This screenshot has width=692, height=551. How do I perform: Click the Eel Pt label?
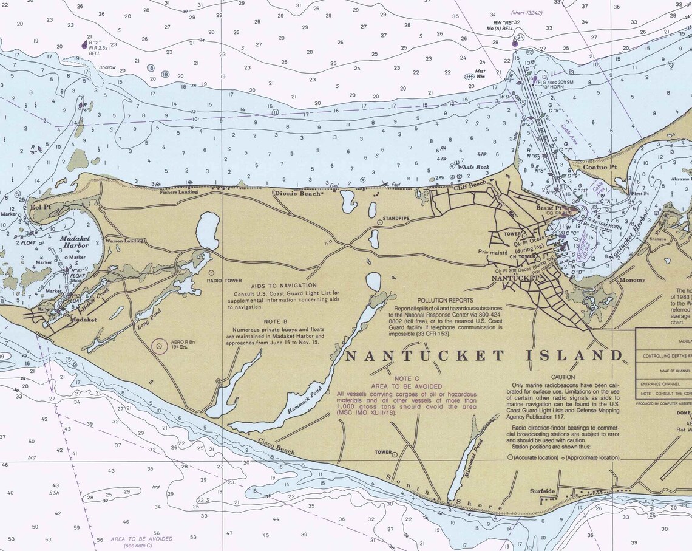pyautogui.click(x=40, y=207)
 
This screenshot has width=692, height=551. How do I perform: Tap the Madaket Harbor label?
pyautogui.click(x=75, y=242)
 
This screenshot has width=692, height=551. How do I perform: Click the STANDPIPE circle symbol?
pyautogui.click(x=380, y=222)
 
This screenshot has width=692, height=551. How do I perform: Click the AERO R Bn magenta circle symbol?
pyautogui.click(x=159, y=346)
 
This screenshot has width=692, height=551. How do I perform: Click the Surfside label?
pyautogui.click(x=542, y=491)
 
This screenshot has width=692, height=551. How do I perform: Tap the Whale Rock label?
pyautogui.click(x=473, y=167)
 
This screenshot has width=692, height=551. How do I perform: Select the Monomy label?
pyautogui.click(x=632, y=280)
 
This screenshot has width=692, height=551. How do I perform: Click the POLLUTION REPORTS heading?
pyautogui.click(x=446, y=301)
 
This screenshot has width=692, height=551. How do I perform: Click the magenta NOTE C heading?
pyautogui.click(x=407, y=378)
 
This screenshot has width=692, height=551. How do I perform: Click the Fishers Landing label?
pyautogui.click(x=179, y=192)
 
